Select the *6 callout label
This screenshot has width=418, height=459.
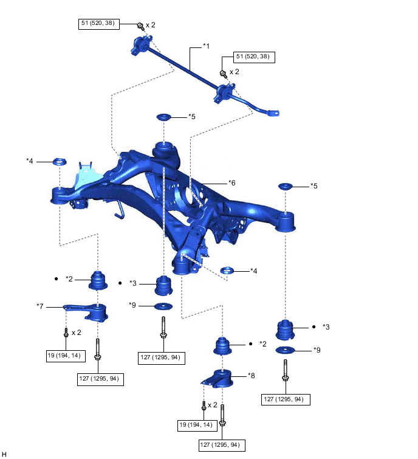tap(231, 182)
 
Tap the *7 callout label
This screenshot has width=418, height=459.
tap(40, 306)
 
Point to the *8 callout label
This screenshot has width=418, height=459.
tap(252, 376)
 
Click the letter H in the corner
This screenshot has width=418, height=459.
tap(4, 454)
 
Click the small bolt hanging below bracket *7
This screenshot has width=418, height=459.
tap(66, 333)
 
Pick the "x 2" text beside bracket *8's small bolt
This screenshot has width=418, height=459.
tap(212, 405)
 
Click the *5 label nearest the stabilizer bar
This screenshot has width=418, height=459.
tap(192, 116)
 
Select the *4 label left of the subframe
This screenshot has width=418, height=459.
tap(30, 161)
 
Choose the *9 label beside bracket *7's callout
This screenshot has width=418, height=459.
tap(132, 305)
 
